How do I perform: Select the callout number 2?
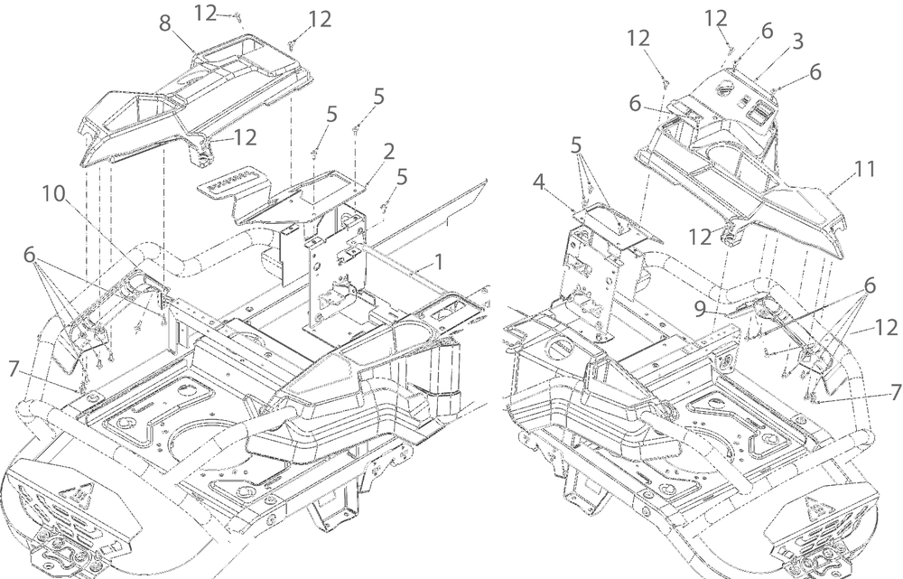pos(388,150)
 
